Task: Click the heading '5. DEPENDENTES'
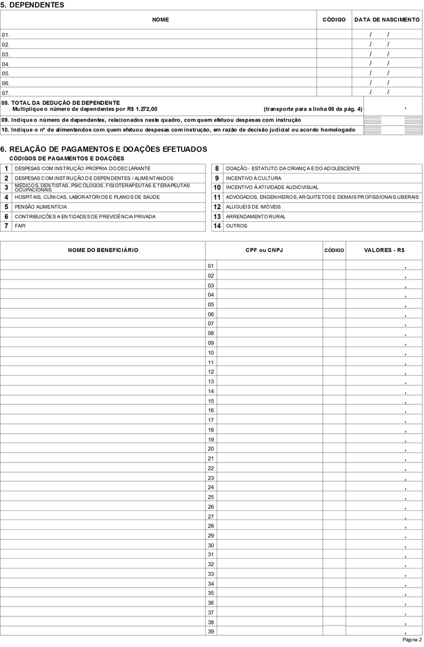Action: [x=33, y=5]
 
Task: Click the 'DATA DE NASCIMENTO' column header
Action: [x=387, y=20]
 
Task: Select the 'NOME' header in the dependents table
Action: [x=160, y=20]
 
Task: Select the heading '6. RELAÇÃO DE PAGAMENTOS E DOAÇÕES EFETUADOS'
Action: [x=104, y=149]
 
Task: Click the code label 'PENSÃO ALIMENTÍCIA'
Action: [x=41, y=207]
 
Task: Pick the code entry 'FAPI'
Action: [x=20, y=226]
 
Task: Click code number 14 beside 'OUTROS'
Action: [x=217, y=226]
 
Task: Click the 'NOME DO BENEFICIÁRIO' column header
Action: [x=103, y=250]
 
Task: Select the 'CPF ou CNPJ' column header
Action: [x=264, y=250]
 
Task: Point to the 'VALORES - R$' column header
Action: [x=384, y=250]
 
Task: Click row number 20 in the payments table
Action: [x=210, y=449]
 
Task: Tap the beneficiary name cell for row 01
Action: [x=103, y=266]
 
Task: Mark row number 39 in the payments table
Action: [x=210, y=632]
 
